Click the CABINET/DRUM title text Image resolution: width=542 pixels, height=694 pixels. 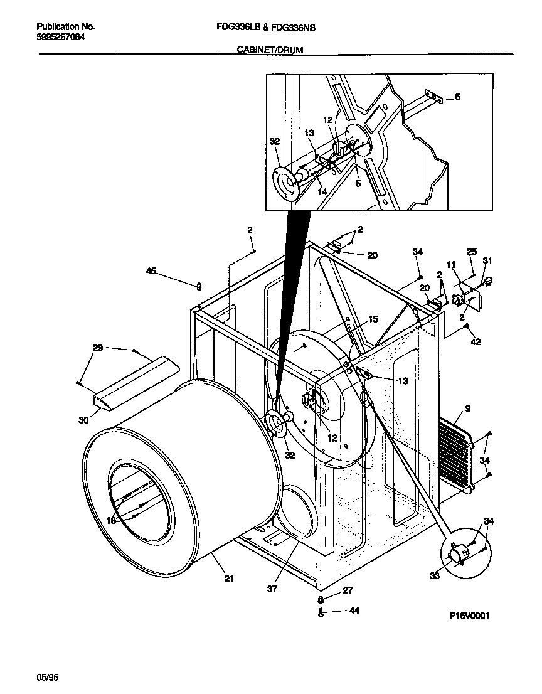click(270, 50)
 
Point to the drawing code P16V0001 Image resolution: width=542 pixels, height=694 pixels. click(468, 616)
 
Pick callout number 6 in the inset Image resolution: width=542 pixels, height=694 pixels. click(457, 97)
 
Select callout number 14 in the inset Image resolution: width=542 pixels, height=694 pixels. click(322, 191)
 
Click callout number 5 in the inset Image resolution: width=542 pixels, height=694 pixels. click(358, 184)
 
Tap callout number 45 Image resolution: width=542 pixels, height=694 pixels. click(150, 271)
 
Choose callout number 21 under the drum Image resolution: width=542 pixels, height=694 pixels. click(228, 579)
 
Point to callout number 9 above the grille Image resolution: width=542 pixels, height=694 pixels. click(467, 409)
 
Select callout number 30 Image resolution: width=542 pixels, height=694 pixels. click(83, 420)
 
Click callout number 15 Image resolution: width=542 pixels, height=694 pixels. click(373, 319)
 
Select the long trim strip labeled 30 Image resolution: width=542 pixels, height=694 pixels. click(132, 384)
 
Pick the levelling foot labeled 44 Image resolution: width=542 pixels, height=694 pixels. click(321, 612)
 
